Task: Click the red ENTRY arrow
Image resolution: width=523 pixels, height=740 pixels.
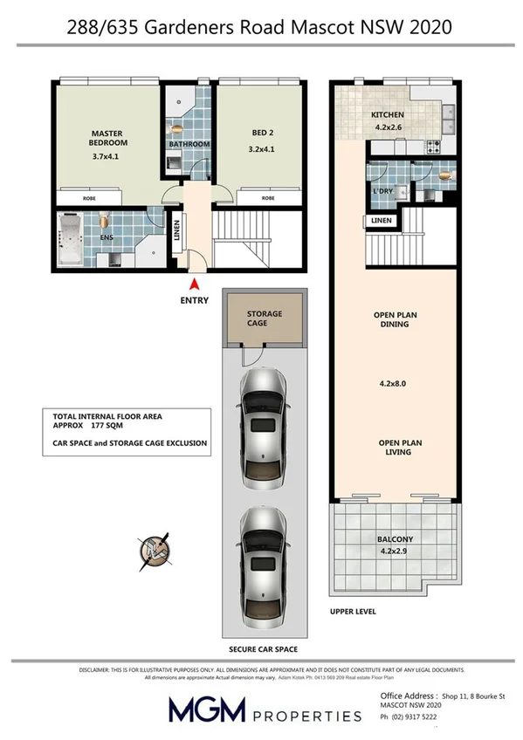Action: (193, 284)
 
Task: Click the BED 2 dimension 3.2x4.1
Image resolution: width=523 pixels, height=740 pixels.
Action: (263, 149)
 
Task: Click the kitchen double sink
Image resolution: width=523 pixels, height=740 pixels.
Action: (449, 113)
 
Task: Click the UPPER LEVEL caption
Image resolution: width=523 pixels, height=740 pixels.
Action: (354, 612)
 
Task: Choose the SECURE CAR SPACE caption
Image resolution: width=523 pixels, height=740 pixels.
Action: (263, 649)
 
